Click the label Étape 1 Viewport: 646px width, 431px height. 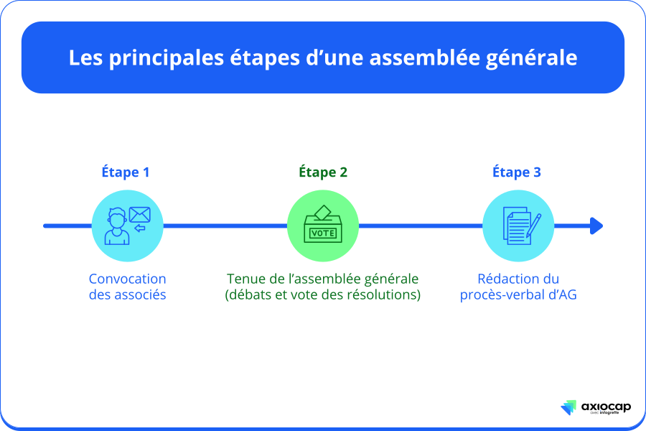point(126,172)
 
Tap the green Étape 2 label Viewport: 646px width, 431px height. point(323,172)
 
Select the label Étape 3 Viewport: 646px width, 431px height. point(517,172)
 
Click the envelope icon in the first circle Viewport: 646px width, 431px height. point(140,214)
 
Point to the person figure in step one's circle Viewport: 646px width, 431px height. point(116,228)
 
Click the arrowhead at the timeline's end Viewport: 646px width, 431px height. point(596,226)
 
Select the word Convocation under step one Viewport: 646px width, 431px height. point(127,279)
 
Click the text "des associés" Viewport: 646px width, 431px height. point(127,295)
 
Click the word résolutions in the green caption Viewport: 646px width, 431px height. point(385,295)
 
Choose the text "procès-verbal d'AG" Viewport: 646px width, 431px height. point(518,295)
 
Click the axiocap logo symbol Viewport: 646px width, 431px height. point(568,408)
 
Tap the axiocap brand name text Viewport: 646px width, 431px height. point(607,406)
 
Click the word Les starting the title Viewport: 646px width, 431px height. point(85,58)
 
